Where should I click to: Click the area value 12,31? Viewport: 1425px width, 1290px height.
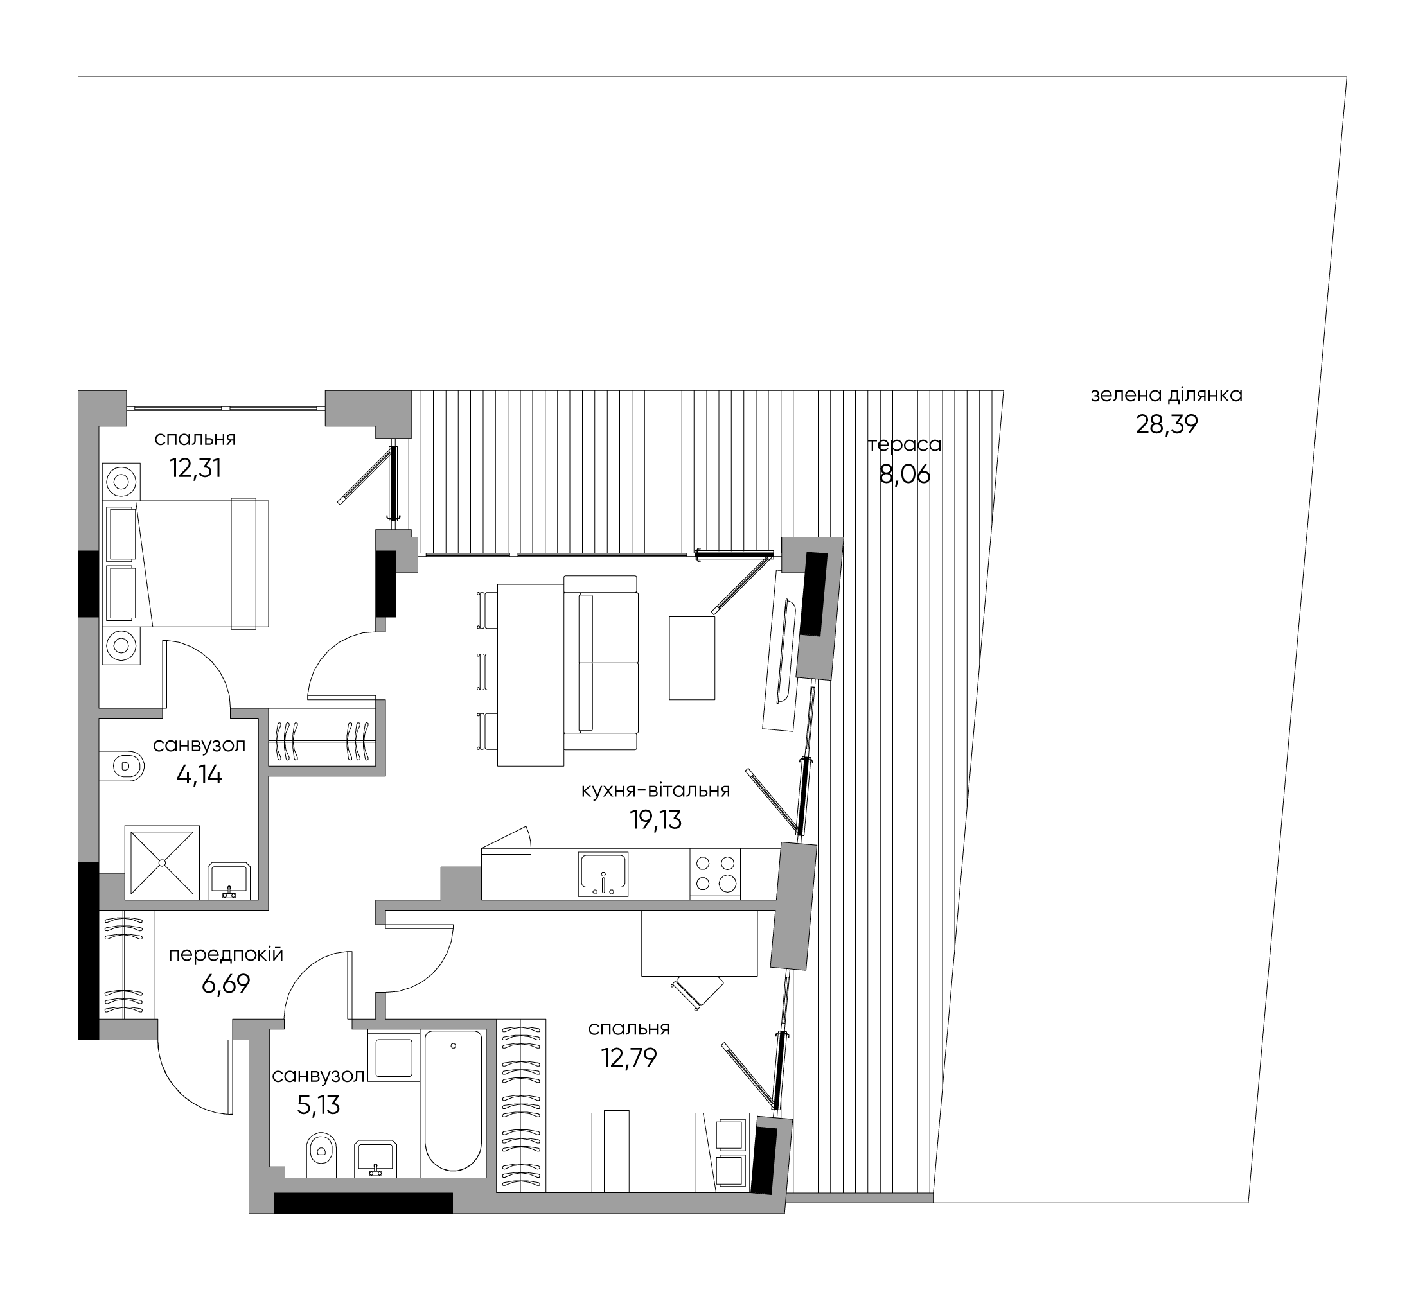point(196,468)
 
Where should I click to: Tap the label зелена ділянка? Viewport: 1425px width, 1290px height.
point(1166,395)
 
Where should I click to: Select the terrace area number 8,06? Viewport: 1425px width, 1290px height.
point(905,474)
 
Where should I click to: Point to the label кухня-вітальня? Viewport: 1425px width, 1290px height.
point(655,790)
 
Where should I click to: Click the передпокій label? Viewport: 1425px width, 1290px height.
point(226,954)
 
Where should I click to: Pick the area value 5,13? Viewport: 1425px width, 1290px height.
point(319,1105)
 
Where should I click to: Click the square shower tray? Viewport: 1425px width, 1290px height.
point(162,862)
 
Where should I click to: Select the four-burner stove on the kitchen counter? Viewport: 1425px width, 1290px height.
point(714,873)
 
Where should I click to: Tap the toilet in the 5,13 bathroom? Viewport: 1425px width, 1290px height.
point(322,1156)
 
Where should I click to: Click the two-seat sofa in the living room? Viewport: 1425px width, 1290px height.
point(601,662)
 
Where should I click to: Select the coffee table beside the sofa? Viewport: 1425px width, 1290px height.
point(692,658)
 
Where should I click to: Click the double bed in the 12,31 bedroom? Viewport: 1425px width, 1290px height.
point(203,563)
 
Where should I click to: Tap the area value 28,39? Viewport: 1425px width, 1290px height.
point(1166,425)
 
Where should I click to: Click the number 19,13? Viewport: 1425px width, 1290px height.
point(655,819)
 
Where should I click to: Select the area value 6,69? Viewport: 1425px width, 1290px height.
point(226,984)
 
